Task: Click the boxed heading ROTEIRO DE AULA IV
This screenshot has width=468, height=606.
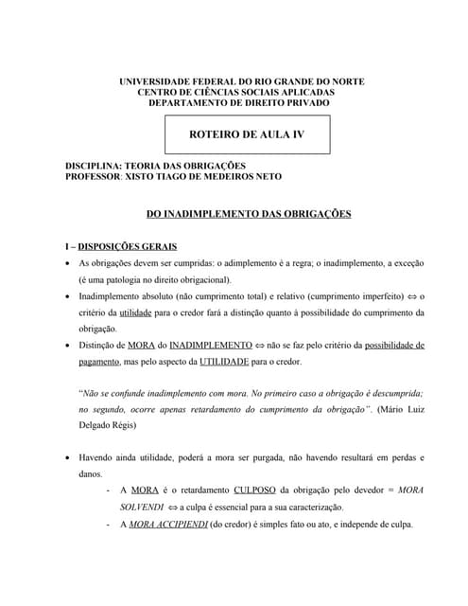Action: click(x=247, y=134)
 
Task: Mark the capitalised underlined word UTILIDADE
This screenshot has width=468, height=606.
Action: click(x=224, y=362)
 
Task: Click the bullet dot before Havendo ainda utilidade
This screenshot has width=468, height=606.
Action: click(x=65, y=457)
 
